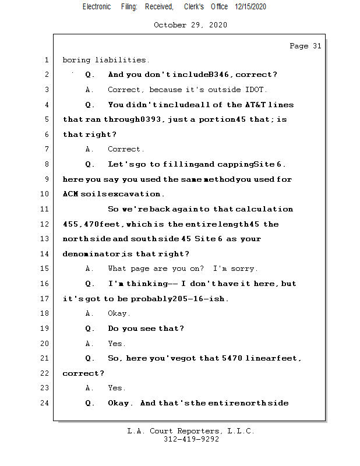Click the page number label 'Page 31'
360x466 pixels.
pyautogui.click(x=305, y=46)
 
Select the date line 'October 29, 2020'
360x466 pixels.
pyautogui.click(x=190, y=25)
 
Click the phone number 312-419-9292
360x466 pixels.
pyautogui.click(x=191, y=440)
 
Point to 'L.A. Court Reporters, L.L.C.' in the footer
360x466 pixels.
pyautogui.click(x=190, y=432)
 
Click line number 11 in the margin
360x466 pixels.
pyautogui.click(x=46, y=209)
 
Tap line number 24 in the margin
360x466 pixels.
pyautogui.click(x=46, y=403)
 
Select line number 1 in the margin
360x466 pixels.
pyautogui.click(x=46, y=60)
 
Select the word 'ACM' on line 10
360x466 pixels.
pyautogui.click(x=70, y=194)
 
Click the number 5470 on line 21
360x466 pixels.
pyautogui.click(x=231, y=358)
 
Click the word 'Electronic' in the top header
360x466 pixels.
pyautogui.click(x=97, y=6)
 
